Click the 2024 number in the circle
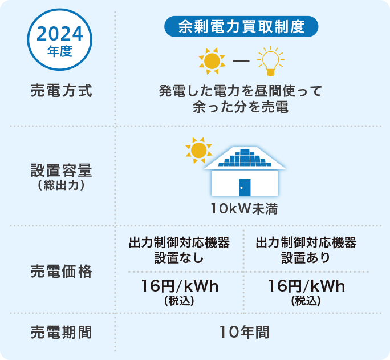pos(60,34)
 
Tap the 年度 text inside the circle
pos(60,51)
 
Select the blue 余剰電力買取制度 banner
pos(241,26)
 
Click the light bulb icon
pos(271,61)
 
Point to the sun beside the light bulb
pos(212,61)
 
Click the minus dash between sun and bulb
pos(241,60)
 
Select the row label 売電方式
pos(62,91)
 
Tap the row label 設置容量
pos(62,171)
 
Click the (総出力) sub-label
pos(62,185)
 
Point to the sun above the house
pos(199,150)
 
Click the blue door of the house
pos(245,188)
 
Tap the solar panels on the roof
pos(245,157)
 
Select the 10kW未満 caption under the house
pos(244,208)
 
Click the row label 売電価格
pos(62,271)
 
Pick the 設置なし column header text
pos(180,258)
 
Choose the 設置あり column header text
pos(306,258)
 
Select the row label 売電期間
pos(62,332)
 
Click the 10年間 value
pos(244,332)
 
